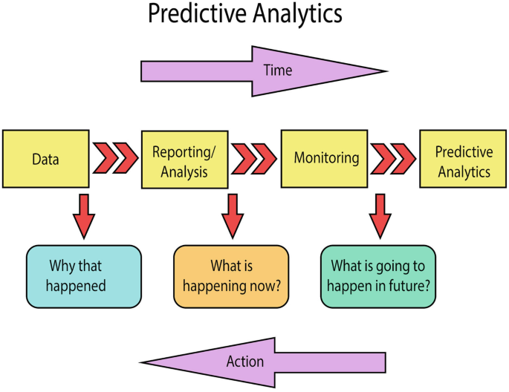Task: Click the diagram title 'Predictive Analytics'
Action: point(245,14)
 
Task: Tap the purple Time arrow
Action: point(264,71)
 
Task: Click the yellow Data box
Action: point(46,159)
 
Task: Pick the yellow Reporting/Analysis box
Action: point(185,159)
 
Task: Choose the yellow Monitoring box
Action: point(324,159)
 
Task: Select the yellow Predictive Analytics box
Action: point(463,159)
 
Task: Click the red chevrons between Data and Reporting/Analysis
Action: point(116,158)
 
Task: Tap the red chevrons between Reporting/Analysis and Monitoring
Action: point(254,159)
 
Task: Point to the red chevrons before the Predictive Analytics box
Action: point(393,159)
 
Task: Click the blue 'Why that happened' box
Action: point(84,277)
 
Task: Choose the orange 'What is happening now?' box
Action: point(231,277)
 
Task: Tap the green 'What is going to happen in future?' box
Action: point(378,277)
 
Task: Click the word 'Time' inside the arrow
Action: point(278,71)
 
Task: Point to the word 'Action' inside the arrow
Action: point(245,362)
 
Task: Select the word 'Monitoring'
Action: point(326,158)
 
